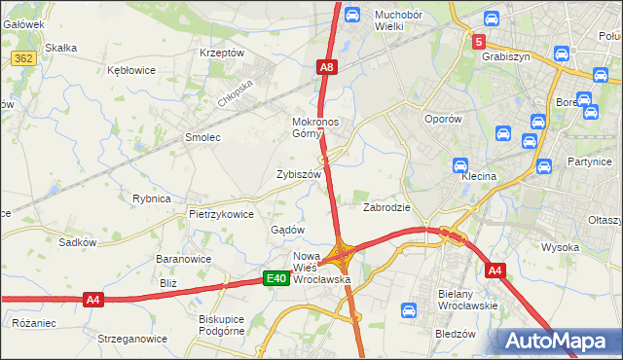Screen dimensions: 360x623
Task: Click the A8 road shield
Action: tap(327, 67)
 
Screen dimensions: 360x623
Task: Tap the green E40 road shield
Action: tap(276, 279)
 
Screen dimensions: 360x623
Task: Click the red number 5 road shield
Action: tap(478, 42)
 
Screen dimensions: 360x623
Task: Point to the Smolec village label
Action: tap(202, 138)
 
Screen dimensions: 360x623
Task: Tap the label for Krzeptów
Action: tap(221, 54)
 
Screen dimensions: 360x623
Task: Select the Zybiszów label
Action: tap(299, 175)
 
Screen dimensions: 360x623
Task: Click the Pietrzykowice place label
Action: tap(221, 214)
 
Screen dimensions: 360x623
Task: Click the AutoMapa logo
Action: tap(558, 342)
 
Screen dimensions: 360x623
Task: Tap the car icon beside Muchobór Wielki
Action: tap(352, 15)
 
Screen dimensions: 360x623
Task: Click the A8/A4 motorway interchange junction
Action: tap(342, 255)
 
